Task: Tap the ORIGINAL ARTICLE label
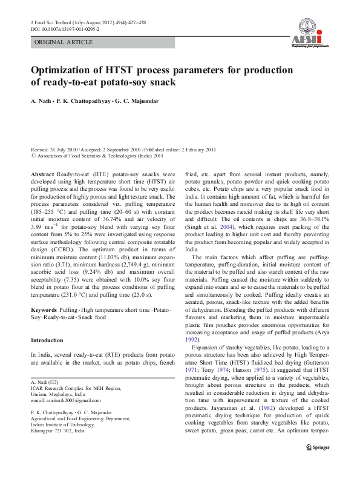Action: coord(64,42)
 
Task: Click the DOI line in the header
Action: coord(65,29)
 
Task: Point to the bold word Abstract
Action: coord(42,173)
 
